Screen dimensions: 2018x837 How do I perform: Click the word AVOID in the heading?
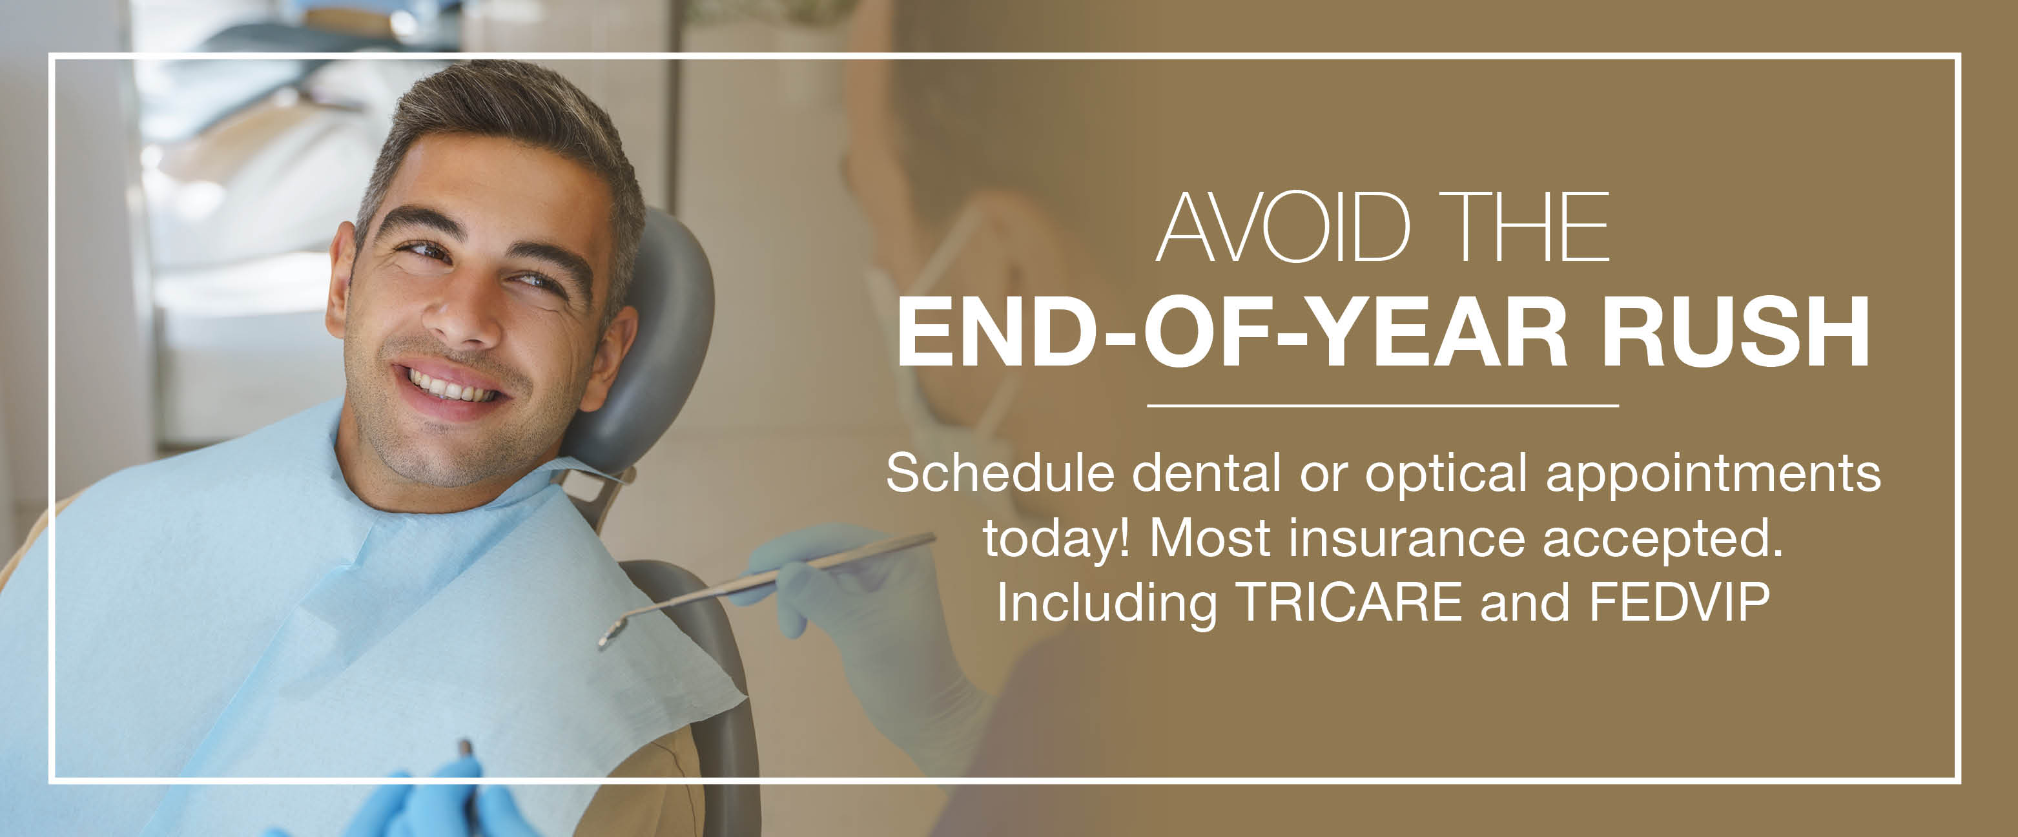point(1282,227)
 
